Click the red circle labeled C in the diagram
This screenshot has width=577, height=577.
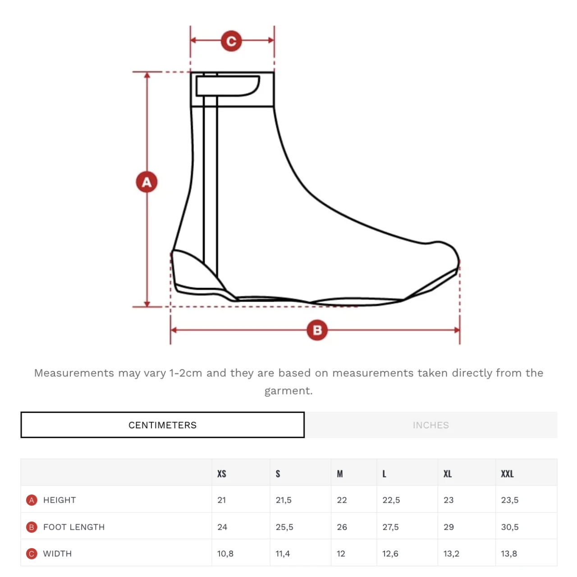(231, 41)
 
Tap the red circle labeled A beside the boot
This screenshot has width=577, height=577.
(147, 182)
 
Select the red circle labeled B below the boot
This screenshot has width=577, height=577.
(317, 330)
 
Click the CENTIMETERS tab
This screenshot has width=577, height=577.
(162, 425)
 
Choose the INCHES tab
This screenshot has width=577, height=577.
(431, 425)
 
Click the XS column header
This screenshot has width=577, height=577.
(222, 474)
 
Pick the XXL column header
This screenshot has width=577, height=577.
(507, 474)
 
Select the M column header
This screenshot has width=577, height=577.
(339, 474)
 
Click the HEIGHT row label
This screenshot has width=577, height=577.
(60, 500)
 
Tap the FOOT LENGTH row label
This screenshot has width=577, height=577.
(74, 527)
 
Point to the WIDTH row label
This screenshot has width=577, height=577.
(57, 554)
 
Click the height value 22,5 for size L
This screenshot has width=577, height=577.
(391, 500)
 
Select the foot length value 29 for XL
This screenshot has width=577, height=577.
(449, 527)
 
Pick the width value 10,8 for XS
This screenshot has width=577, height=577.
(225, 554)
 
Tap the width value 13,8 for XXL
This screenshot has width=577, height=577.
(509, 554)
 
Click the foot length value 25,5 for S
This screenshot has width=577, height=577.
(284, 527)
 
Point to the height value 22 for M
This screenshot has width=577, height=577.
(342, 500)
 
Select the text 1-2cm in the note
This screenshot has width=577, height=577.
(186, 373)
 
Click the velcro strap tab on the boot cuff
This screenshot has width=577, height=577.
(228, 86)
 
